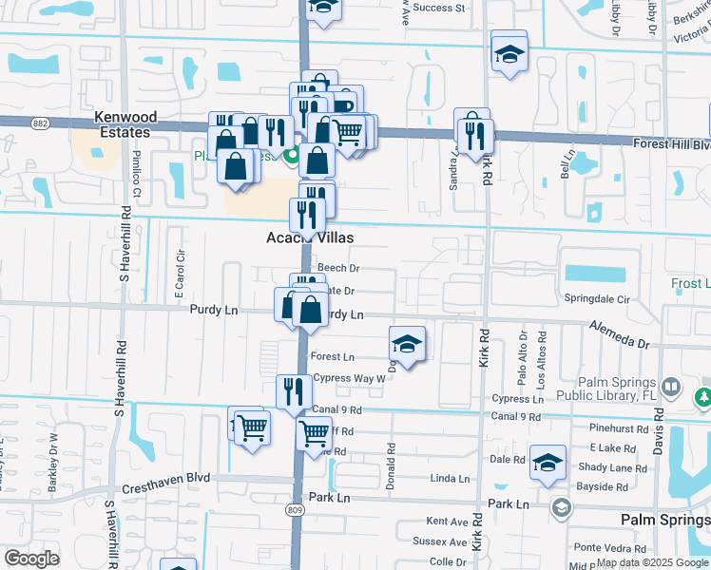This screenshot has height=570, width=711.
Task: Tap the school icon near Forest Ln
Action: point(407,344)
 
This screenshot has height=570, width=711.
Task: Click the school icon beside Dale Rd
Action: point(548,463)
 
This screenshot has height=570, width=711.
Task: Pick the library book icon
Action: point(671,388)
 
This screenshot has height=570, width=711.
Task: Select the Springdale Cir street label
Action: point(596,298)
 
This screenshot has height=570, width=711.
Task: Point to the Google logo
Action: point(31,559)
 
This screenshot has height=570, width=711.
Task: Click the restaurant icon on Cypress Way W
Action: point(293,391)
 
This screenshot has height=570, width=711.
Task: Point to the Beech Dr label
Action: point(338,269)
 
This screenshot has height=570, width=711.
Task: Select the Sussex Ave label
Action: point(440,541)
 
